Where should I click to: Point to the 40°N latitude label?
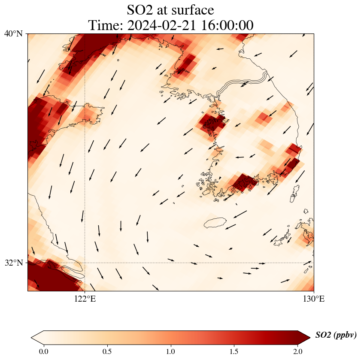click(13, 33)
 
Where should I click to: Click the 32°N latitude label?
click(13, 263)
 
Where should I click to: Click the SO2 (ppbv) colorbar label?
click(336, 335)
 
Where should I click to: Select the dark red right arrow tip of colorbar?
click(304, 338)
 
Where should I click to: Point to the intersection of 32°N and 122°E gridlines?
click(85, 263)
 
